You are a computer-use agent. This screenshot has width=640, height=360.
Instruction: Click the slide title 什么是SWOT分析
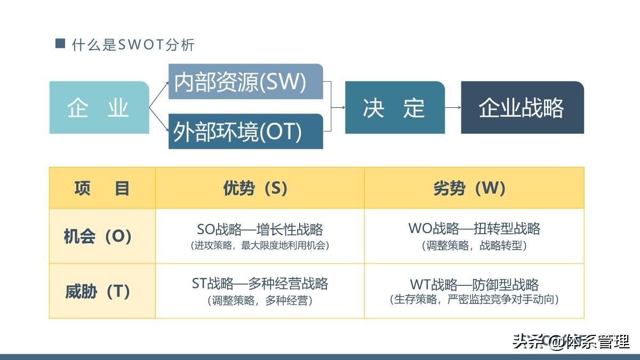(133, 45)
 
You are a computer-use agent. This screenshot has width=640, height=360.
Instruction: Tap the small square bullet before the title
(60, 44)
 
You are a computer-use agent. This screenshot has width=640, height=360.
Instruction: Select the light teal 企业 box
(99, 107)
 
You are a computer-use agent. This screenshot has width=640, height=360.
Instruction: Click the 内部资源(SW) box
(245, 82)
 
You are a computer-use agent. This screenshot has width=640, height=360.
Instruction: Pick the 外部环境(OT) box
(245, 131)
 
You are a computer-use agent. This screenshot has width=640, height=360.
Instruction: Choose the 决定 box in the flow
(395, 107)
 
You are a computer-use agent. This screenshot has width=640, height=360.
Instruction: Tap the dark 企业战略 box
(522, 107)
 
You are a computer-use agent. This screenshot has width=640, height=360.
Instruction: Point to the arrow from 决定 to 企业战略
(453, 107)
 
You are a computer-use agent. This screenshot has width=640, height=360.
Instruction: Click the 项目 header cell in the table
(102, 188)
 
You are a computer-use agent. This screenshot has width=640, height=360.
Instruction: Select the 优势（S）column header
(260, 188)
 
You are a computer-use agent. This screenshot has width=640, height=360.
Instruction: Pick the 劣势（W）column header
(474, 188)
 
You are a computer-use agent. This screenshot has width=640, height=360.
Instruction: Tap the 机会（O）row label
(98, 236)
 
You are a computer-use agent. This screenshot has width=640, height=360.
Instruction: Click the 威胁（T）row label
(98, 291)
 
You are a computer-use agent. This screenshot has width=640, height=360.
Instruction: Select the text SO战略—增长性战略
(260, 229)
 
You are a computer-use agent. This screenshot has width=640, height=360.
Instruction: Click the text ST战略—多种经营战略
(260, 283)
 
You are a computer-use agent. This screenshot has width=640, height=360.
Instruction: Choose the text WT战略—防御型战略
(474, 284)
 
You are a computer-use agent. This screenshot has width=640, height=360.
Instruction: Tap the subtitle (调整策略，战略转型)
(474, 245)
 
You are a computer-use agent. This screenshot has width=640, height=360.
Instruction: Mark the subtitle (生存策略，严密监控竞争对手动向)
(474, 299)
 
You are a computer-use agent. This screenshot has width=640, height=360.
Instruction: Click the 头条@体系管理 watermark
(571, 341)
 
